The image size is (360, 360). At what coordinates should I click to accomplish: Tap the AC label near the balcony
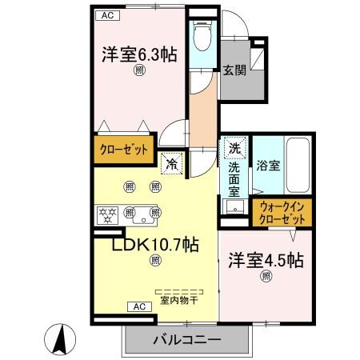click(138, 306)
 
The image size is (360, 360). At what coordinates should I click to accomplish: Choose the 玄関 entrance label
click(234, 71)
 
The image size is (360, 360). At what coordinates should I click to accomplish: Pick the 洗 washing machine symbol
click(234, 148)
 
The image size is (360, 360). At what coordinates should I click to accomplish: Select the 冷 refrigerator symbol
click(172, 166)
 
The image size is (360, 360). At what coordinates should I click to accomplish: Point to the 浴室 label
click(268, 166)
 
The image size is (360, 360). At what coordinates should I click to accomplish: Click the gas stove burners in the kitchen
click(106, 214)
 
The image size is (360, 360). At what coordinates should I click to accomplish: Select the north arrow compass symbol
click(61, 337)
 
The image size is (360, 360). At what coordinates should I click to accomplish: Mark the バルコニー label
click(186, 341)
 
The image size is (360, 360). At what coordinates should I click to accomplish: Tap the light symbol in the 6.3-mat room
click(138, 70)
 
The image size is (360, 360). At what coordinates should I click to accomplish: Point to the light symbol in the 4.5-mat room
click(265, 276)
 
